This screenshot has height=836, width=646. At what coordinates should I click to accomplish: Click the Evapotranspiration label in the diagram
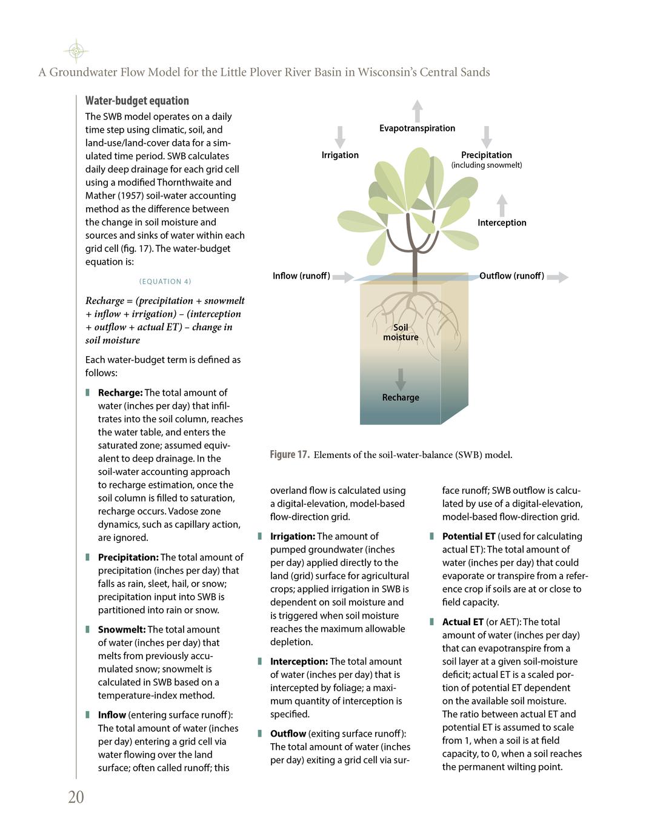tap(417, 128)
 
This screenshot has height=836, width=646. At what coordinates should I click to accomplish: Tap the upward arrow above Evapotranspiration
tap(417, 111)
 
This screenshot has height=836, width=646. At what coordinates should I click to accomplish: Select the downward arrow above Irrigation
tap(340, 137)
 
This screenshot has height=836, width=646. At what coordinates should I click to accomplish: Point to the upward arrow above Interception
tap(502, 206)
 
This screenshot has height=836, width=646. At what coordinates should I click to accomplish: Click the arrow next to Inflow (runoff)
tap(343, 277)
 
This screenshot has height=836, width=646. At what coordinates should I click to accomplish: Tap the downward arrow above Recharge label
tap(401, 379)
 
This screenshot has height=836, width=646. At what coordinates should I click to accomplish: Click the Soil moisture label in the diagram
tap(401, 332)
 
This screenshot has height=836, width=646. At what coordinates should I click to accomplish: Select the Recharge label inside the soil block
tap(401, 397)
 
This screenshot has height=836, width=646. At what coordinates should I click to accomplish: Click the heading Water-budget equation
tap(137, 101)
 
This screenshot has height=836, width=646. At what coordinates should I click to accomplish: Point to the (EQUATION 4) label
tap(165, 282)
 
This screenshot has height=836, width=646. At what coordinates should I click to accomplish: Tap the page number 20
tap(76, 797)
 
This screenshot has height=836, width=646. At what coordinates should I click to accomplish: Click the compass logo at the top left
tap(76, 51)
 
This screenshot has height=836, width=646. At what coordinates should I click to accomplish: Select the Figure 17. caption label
tap(290, 455)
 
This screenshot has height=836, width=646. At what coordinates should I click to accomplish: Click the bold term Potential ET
tap(468, 536)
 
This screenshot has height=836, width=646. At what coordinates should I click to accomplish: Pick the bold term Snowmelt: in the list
tap(122, 629)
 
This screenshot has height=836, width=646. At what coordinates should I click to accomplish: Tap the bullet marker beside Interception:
tap(260, 661)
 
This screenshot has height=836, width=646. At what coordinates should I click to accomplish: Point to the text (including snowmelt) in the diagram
tap(486, 165)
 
